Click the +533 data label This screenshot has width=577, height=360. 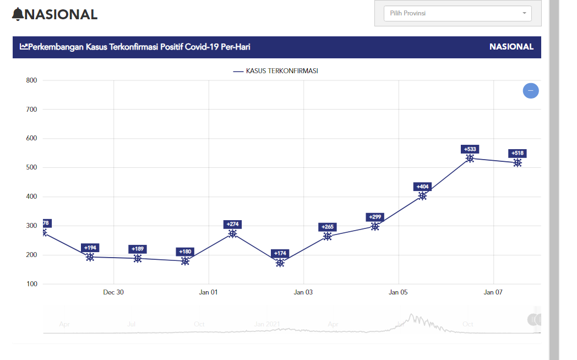[470, 149]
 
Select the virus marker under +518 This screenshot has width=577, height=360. [518, 163]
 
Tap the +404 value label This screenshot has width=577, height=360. [422, 187]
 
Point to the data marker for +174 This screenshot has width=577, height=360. [280, 263]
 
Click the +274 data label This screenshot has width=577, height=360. [232, 224]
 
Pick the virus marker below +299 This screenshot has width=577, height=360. [375, 226]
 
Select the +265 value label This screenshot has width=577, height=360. [327, 227]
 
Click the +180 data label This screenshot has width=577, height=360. [185, 252]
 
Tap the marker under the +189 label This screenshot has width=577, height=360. [138, 259]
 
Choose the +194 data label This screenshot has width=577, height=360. [90, 248]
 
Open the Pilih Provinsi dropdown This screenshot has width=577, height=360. [457, 13]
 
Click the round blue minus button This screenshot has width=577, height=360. [531, 90]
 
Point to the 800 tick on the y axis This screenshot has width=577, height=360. [31, 80]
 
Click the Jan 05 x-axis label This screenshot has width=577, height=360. [398, 292]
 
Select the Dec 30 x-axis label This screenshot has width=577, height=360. [113, 292]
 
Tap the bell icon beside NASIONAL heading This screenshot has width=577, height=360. [18, 14]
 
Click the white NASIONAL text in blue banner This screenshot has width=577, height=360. [511, 47]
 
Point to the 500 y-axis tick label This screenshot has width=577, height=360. [31, 167]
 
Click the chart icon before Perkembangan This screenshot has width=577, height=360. [24, 47]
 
